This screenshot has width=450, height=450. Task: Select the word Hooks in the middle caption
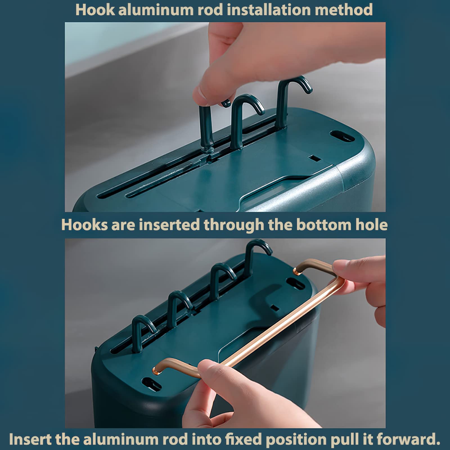pos(84,225)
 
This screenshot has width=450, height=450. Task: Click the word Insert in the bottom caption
pos(30,439)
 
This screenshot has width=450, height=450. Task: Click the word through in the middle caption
pos(234,225)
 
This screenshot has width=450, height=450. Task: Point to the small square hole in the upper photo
pos(315,158)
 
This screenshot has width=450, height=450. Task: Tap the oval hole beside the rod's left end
pos(152,384)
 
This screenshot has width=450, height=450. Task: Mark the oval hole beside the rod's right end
pos(295,283)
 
